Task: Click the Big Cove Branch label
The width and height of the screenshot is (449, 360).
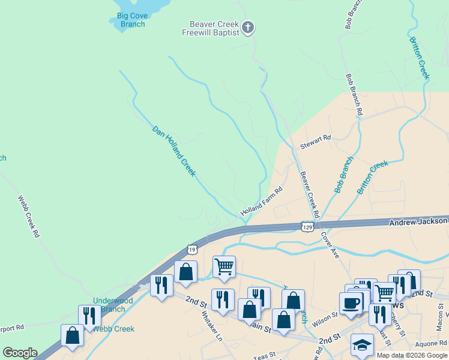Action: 131,20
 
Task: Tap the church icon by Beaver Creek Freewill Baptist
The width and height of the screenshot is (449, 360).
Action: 249,27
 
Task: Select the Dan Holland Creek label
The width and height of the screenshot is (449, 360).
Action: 173,151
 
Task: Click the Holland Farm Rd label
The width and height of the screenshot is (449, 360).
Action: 261,203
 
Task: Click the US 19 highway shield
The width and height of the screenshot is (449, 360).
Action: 191,248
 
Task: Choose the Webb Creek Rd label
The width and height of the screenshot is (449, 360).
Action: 28,217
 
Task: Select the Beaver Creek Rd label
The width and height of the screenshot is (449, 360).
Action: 309,195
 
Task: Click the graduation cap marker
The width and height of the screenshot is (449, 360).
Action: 363,346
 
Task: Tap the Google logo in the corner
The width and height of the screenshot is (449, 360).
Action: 20,353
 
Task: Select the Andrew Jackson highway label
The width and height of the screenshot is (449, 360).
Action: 418,221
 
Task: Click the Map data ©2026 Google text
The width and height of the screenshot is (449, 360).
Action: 411,355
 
